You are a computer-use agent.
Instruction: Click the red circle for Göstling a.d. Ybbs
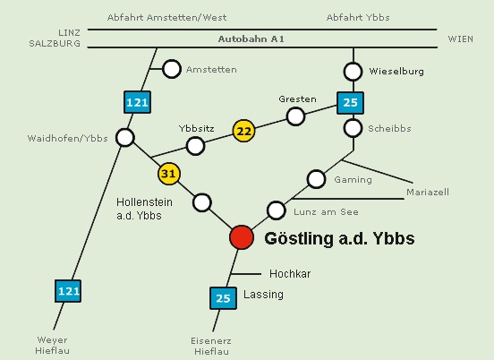click(242, 237)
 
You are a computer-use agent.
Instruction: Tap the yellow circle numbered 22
click(243, 131)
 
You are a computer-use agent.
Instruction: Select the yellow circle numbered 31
click(169, 174)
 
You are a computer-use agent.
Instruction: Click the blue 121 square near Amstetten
click(137, 102)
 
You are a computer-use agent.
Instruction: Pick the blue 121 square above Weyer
click(68, 291)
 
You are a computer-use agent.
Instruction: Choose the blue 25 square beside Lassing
click(223, 298)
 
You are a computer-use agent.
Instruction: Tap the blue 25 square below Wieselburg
click(350, 103)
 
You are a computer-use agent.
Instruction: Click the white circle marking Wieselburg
click(353, 72)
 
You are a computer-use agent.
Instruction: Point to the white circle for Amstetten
click(172, 69)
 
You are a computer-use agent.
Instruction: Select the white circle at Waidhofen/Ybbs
click(125, 138)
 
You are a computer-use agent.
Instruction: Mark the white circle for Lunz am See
click(277, 210)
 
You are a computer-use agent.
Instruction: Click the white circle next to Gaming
click(316, 179)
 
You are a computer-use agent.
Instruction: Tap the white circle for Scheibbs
click(353, 128)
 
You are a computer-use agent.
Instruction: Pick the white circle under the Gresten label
click(295, 116)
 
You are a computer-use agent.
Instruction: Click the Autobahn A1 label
click(251, 39)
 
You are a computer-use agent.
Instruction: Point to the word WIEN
click(461, 39)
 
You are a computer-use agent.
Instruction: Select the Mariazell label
click(428, 192)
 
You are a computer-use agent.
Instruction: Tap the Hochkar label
click(290, 274)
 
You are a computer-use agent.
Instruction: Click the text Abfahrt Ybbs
click(358, 17)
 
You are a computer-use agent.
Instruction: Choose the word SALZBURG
click(55, 43)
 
